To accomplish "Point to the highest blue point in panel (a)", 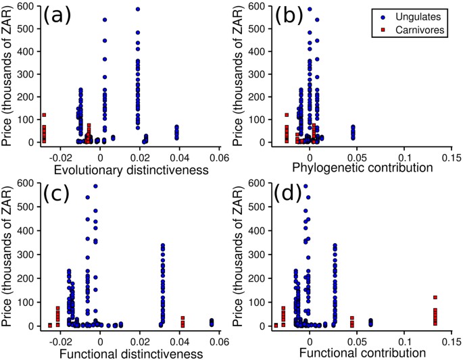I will click(138, 9).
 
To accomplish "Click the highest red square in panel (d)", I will click(435, 297).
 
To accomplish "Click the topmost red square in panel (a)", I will click(44, 115).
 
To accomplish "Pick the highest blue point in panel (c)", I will click(95, 186).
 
